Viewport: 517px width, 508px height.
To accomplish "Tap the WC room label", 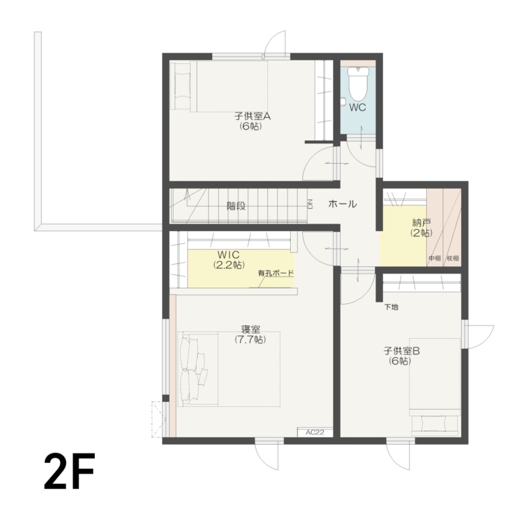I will (x=357, y=106).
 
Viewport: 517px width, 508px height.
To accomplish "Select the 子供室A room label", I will (x=252, y=116).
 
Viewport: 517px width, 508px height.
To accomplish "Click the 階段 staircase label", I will (x=236, y=206).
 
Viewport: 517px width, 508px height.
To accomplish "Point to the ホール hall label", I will (x=342, y=204).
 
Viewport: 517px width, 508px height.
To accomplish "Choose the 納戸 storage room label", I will (x=421, y=223).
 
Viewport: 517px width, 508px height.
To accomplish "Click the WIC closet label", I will (x=229, y=255).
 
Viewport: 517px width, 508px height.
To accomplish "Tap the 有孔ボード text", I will (x=275, y=274).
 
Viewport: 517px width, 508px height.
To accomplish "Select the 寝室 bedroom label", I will (x=250, y=330).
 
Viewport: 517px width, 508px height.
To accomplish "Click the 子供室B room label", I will (x=402, y=351).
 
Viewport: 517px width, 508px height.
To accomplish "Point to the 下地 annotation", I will (x=391, y=307).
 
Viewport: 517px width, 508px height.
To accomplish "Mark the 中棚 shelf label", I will (x=434, y=259).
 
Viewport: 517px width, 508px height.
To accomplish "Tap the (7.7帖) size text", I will (x=250, y=340).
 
